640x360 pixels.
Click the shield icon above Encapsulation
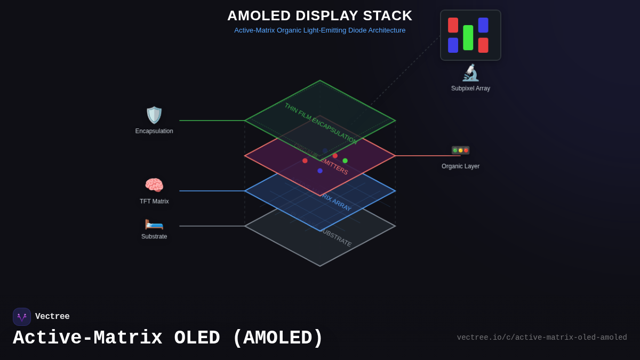[154, 115]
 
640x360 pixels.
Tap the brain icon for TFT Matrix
[154, 186]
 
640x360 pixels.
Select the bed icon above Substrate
[154, 224]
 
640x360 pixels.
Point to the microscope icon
[470, 73]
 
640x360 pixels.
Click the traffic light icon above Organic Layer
[460, 150]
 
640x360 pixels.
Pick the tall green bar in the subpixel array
[468, 37]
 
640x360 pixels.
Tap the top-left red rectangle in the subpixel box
[453, 25]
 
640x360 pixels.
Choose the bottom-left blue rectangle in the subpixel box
[453, 45]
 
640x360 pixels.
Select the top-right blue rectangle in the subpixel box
[483, 25]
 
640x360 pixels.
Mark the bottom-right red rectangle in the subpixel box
[483, 45]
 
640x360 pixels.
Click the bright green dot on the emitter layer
[345, 161]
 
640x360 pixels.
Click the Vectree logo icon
[22, 317]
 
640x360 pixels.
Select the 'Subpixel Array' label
[470, 89]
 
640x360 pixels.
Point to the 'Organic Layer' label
[460, 166]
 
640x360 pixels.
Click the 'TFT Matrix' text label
[154, 202]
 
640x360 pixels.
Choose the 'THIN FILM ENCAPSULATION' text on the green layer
[320, 123]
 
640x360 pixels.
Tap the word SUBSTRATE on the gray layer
[337, 238]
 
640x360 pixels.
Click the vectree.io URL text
[542, 338]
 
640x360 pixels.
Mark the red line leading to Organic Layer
[427, 156]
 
